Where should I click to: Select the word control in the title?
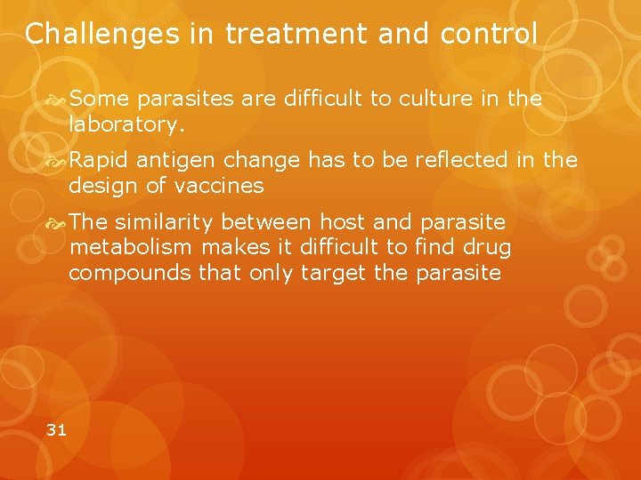click(495, 34)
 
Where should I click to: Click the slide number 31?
click(56, 430)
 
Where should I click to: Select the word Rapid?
click(98, 160)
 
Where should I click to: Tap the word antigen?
click(174, 160)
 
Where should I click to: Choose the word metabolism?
click(133, 246)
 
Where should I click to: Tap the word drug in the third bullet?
click(488, 246)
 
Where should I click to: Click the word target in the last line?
click(334, 272)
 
